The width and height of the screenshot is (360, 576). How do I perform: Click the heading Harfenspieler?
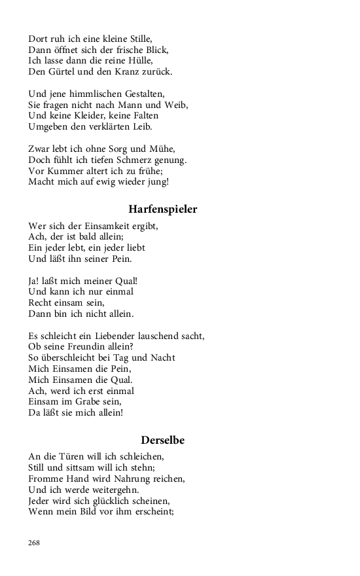[x=162, y=209]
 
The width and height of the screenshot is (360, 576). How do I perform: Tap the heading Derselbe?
[x=162, y=440]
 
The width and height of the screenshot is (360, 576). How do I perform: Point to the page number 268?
[x=35, y=543]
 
